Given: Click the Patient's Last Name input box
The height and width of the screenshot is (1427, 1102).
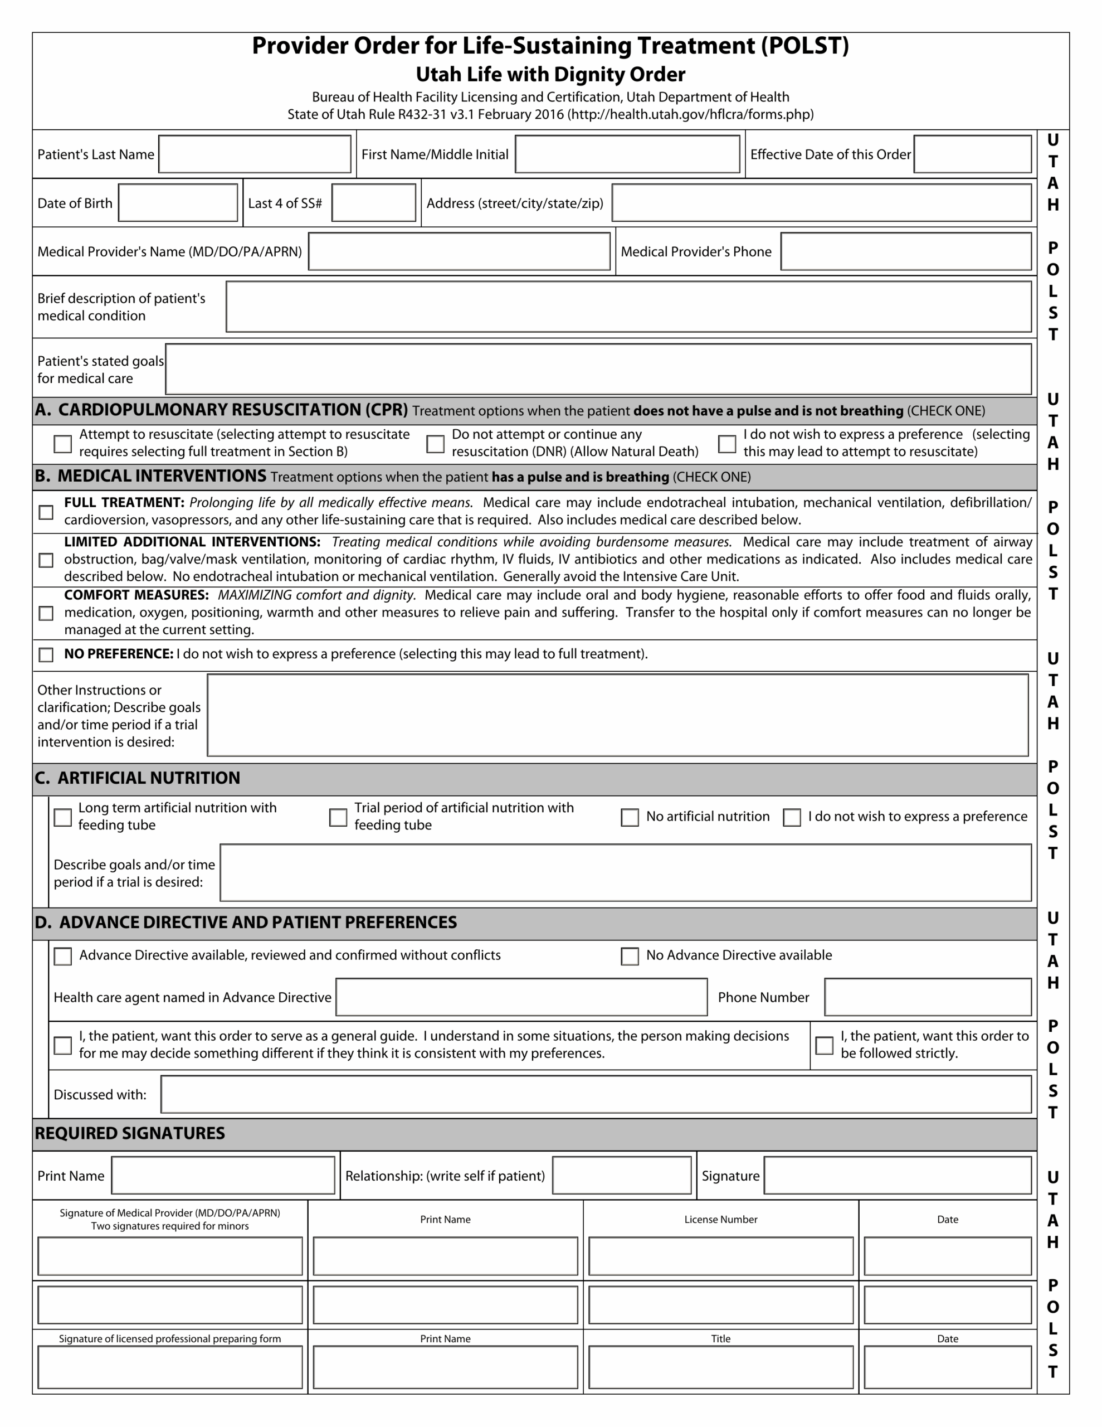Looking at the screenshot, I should [255, 154].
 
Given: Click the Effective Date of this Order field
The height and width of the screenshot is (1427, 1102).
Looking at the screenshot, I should [972, 154].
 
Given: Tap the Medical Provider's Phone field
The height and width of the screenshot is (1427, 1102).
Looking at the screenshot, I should [905, 251].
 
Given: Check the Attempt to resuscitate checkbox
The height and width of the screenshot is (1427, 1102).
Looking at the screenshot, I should [63, 444].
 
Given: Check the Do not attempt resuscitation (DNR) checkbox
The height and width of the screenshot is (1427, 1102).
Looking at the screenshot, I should [435, 444].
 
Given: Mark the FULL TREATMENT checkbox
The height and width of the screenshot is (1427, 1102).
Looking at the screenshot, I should [46, 512].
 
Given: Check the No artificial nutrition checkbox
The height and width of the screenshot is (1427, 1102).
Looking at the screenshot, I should [630, 817].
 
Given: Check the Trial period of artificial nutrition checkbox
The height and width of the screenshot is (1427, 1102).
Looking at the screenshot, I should [338, 817].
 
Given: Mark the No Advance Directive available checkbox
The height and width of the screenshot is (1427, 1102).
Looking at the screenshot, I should [630, 956].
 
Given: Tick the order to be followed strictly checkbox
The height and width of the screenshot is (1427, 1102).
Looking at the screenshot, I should [825, 1045].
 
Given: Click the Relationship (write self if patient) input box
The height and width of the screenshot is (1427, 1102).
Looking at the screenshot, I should [621, 1176].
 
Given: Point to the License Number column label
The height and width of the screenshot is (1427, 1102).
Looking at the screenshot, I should [720, 1219].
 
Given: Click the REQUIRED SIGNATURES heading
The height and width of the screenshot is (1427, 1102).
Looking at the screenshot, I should [130, 1134].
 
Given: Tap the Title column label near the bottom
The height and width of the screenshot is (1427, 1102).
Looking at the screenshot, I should [720, 1339].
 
